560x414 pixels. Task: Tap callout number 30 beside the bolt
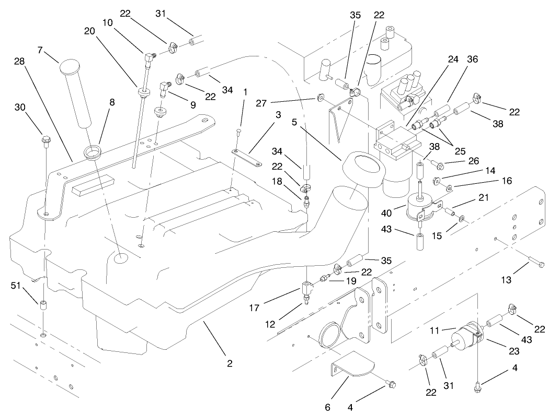point(20,107)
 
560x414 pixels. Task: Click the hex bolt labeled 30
point(46,139)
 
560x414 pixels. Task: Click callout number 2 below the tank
point(230,364)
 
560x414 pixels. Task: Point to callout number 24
point(453,59)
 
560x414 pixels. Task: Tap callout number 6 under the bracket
point(328,407)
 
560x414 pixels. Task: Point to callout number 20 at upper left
point(89,30)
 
